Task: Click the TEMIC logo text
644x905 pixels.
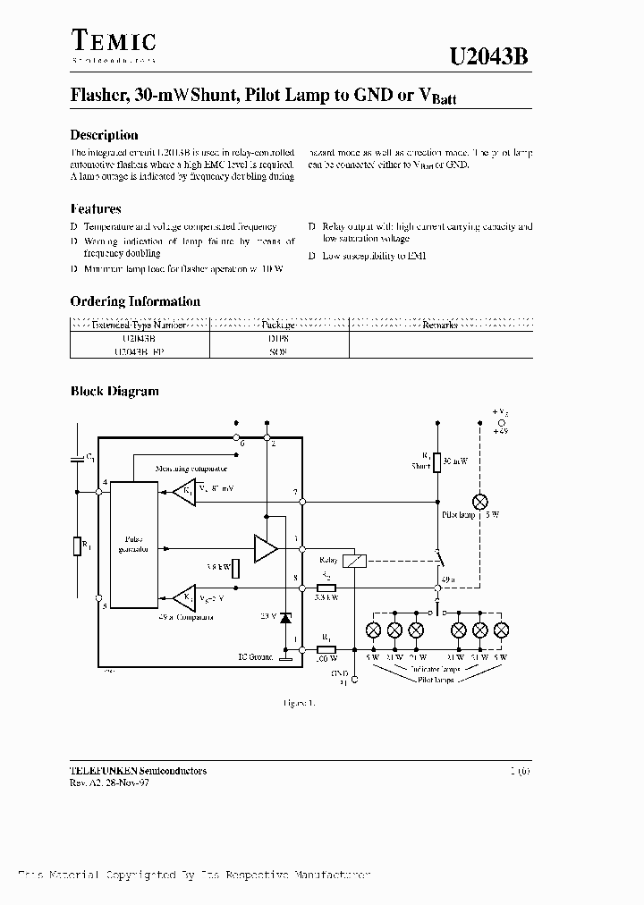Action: tap(113, 40)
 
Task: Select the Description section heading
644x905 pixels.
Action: tap(104, 135)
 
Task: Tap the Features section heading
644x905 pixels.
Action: tap(95, 209)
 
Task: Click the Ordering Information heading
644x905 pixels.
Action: tap(135, 301)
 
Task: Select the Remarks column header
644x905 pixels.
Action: tap(439, 326)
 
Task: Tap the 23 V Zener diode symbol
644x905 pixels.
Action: tap(285, 617)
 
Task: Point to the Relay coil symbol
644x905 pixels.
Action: tap(355, 561)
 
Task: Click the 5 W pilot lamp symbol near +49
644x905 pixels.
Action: tap(480, 501)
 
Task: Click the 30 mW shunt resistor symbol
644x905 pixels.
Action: tap(437, 461)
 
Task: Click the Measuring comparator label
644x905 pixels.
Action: tap(191, 468)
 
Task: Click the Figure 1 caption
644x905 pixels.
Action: tap(299, 702)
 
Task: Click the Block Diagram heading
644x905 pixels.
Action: tap(114, 391)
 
